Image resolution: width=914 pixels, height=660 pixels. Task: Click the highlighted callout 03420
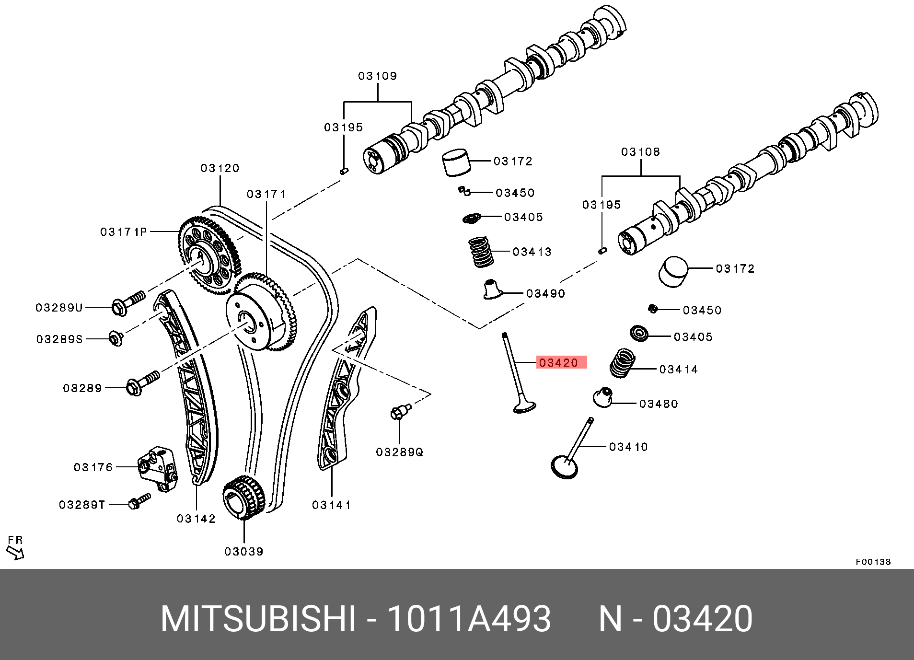[559, 363]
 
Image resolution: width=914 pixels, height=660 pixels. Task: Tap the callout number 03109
[378, 76]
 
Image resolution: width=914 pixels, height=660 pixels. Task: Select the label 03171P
[123, 232]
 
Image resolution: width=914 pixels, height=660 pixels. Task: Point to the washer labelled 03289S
[116, 338]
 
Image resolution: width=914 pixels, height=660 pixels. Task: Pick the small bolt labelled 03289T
[139, 501]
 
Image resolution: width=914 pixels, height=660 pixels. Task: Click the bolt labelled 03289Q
[400, 412]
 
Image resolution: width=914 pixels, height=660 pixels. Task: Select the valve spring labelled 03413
[481, 252]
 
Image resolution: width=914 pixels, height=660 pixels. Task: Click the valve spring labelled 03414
[623, 363]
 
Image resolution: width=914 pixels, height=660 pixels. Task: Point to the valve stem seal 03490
[492, 289]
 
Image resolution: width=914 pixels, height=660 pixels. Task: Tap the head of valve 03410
[565, 467]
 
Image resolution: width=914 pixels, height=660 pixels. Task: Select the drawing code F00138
[873, 562]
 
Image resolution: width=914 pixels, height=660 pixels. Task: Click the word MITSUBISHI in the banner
[258, 619]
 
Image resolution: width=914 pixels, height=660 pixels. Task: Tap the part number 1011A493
[469, 619]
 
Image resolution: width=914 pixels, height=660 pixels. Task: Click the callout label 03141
[331, 505]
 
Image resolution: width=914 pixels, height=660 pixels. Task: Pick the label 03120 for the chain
[220, 168]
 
